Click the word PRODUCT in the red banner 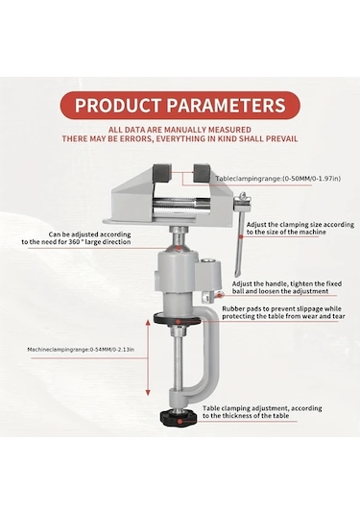click(x=118, y=106)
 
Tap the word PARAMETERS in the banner click(x=226, y=106)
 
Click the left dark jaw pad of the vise click(x=162, y=172)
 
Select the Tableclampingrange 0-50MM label click(x=277, y=179)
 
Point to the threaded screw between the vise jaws click(x=180, y=204)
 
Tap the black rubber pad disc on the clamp click(x=178, y=320)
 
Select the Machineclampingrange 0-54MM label click(x=81, y=350)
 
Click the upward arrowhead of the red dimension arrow click(x=148, y=323)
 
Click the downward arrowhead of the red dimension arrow click(x=148, y=392)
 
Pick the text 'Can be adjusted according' click(x=89, y=234)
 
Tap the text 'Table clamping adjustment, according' click(x=262, y=408)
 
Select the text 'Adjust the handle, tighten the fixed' click(x=287, y=283)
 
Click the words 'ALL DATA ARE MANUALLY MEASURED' click(x=180, y=130)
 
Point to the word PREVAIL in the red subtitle click(x=281, y=138)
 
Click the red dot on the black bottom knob click(x=180, y=421)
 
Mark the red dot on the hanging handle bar click(x=241, y=236)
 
